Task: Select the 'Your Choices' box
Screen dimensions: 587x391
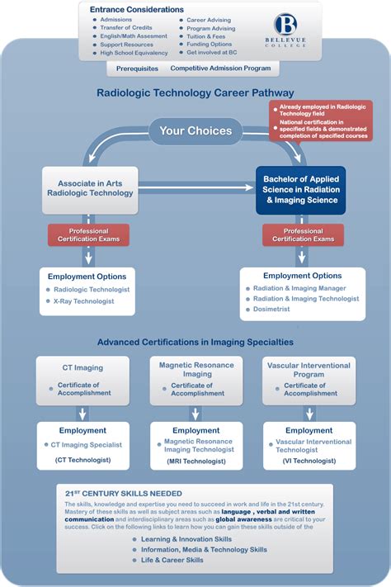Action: pyautogui.click(x=195, y=130)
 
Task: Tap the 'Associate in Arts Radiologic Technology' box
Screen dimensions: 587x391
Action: pyautogui.click(x=96, y=187)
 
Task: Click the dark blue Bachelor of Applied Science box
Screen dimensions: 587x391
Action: pyautogui.click(x=300, y=189)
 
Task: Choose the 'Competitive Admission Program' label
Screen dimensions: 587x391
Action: pyautogui.click(x=220, y=68)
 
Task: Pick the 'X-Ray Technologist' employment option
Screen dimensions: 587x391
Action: pyautogui.click(x=83, y=301)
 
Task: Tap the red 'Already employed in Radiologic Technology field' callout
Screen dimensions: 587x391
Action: pyautogui.click(x=318, y=110)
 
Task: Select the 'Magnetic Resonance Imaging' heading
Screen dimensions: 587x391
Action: pyautogui.click(x=196, y=369)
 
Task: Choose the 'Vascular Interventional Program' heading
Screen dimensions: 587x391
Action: pyautogui.click(x=309, y=369)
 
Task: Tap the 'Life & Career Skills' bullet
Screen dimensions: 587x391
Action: pyautogui.click(x=172, y=560)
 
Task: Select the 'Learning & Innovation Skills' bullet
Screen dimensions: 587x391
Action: pyautogui.click(x=186, y=539)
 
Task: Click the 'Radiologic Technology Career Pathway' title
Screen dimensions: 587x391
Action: pyautogui.click(x=195, y=93)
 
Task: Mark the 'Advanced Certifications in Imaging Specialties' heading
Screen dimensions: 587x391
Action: pyautogui.click(x=195, y=341)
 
